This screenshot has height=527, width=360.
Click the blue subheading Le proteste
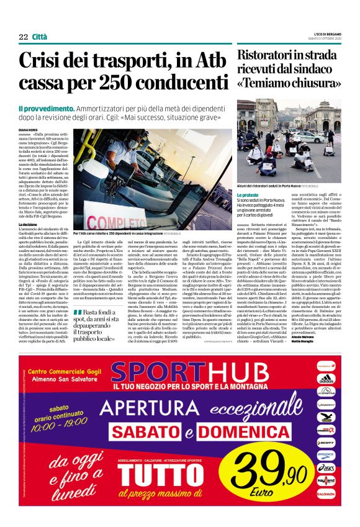click(250, 195)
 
